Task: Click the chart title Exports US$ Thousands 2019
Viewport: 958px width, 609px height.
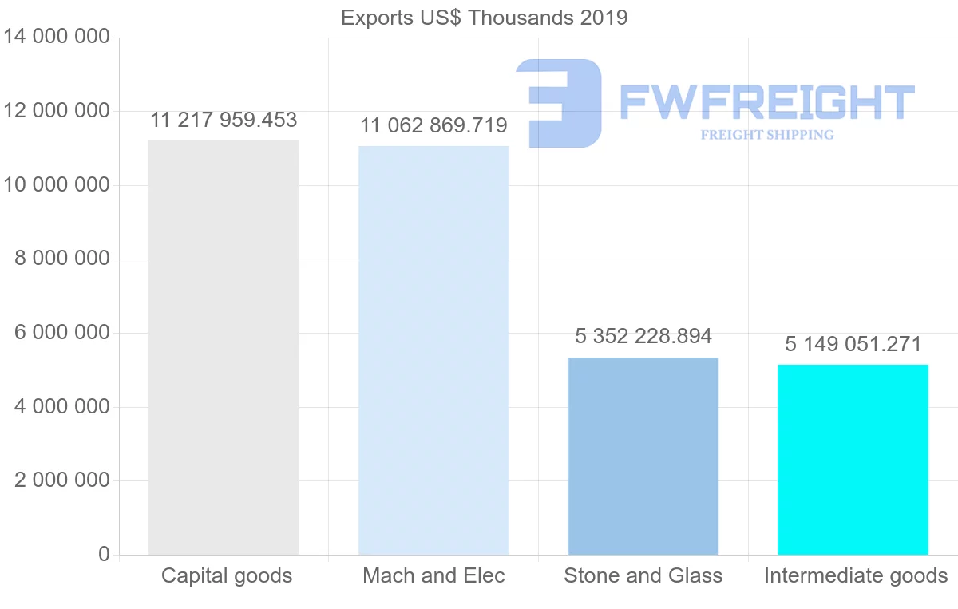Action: click(x=484, y=18)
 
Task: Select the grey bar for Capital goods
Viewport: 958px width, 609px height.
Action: click(x=224, y=347)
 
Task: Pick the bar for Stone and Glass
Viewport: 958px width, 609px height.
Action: click(x=643, y=456)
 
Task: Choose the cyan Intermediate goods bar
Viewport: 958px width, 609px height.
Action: click(x=853, y=459)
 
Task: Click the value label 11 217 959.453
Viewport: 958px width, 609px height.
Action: click(x=224, y=121)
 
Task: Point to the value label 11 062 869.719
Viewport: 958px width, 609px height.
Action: click(x=433, y=126)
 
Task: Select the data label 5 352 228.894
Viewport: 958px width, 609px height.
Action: click(x=643, y=337)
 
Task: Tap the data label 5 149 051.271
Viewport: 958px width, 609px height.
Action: click(x=853, y=345)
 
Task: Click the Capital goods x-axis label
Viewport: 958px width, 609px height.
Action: click(x=227, y=576)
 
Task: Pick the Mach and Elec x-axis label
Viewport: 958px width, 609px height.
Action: click(x=433, y=576)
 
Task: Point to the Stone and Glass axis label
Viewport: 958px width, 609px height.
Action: click(x=643, y=576)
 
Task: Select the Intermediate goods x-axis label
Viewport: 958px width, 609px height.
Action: click(x=855, y=576)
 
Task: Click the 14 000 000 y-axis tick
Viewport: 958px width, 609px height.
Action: click(x=56, y=37)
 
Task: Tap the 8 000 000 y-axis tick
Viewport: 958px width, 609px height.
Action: click(x=62, y=259)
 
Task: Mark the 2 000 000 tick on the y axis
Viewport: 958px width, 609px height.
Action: click(x=62, y=480)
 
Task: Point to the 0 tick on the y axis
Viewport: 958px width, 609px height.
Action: click(x=104, y=554)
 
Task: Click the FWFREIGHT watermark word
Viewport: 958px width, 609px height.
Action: click(x=766, y=102)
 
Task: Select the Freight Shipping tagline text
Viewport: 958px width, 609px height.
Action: click(x=766, y=135)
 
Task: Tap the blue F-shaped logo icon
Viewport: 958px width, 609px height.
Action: click(x=559, y=102)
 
